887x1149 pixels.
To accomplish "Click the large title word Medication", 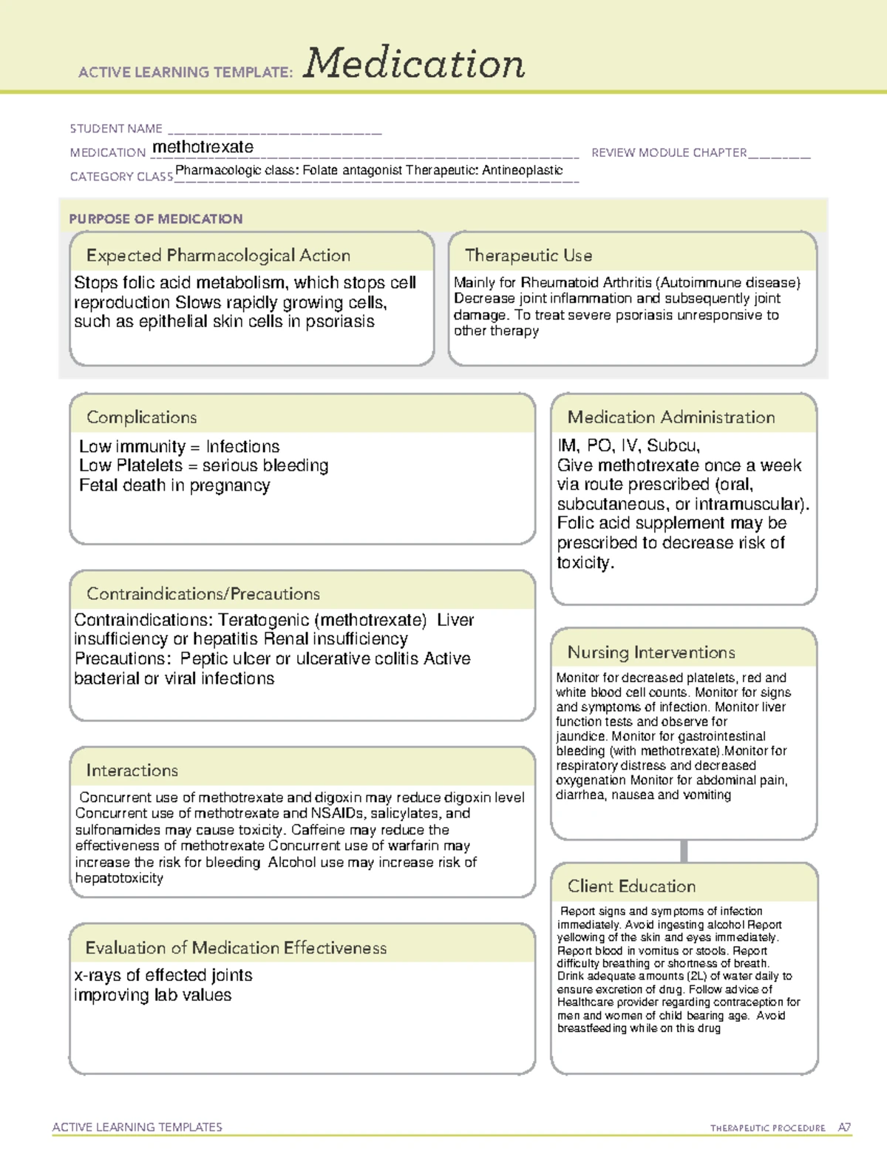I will coord(414,64).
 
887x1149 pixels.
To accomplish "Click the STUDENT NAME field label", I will coord(116,129).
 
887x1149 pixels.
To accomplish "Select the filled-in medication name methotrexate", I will coord(203,147).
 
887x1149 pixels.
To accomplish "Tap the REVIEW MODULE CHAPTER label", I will coord(669,152).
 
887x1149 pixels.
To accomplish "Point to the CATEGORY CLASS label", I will coord(121,177).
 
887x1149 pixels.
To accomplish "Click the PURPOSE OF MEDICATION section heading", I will coord(156,219).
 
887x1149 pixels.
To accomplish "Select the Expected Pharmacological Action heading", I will coord(218,256).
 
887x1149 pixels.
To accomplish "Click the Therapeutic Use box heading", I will coord(529,256).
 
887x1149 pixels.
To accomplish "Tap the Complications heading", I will coord(142,417).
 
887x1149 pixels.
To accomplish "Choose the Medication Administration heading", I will coord(671,417).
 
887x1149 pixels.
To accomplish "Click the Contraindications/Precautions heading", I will coord(203,594).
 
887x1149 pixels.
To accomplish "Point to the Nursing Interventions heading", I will coord(651,653).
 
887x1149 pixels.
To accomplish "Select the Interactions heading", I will coord(132,771).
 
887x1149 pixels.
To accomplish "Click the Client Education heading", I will coord(631,886).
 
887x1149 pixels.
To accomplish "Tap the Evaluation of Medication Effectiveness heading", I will coord(236,948).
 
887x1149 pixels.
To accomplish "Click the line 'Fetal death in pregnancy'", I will coord(174,486).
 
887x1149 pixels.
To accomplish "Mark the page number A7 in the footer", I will coord(844,1128).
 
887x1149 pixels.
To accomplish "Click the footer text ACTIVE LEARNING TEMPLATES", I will coord(137,1127).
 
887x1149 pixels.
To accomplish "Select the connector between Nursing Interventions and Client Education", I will coord(684,851).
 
